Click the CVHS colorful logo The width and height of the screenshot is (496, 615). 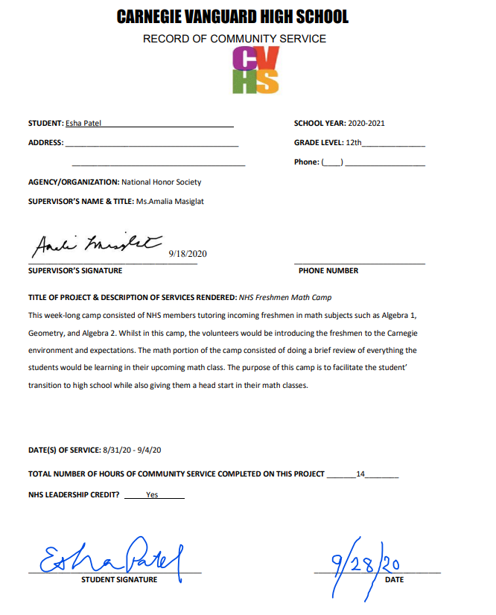pyautogui.click(x=255, y=70)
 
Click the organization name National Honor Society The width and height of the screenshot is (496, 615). pyautogui.click(x=162, y=182)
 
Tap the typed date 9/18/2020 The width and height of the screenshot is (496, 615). pyautogui.click(x=188, y=254)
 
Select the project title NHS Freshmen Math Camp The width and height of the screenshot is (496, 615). pyautogui.click(x=285, y=297)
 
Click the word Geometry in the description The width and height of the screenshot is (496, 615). pyautogui.click(x=45, y=332)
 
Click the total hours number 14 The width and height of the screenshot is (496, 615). pyautogui.click(x=360, y=474)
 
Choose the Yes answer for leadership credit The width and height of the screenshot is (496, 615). pyautogui.click(x=152, y=494)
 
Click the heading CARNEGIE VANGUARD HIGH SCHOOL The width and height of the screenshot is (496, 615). pyautogui.click(x=233, y=17)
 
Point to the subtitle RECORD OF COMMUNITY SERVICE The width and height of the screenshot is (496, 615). pyautogui.click(x=235, y=39)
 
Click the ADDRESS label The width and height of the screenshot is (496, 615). pyautogui.click(x=45, y=142)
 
